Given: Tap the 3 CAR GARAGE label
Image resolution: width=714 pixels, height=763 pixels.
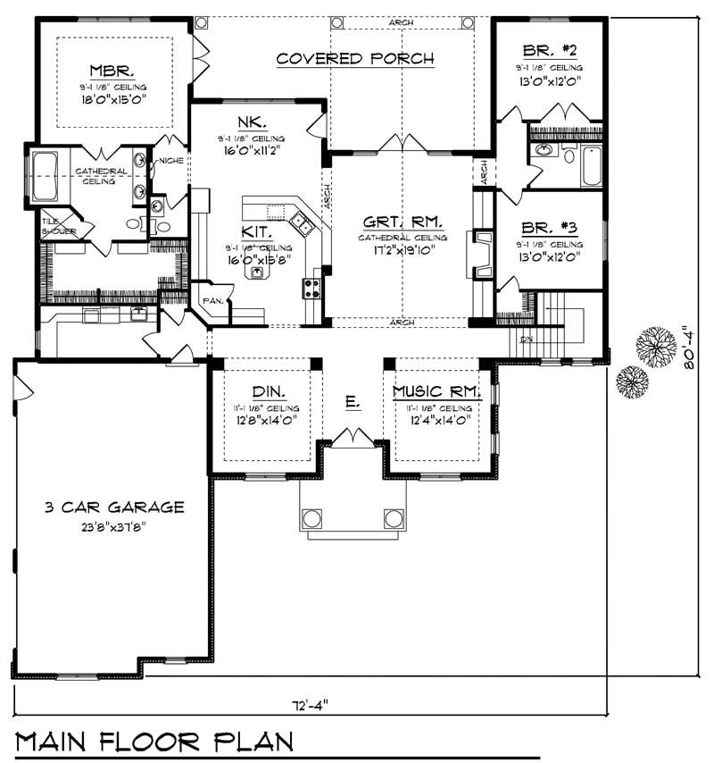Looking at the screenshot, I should [114, 507].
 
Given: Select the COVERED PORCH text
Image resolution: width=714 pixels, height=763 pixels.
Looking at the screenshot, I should [354, 59].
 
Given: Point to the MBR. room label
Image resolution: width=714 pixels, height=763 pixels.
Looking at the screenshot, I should [112, 70].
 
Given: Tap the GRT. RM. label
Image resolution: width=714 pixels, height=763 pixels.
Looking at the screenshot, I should [400, 222].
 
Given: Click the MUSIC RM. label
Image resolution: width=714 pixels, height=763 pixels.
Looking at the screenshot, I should [437, 391].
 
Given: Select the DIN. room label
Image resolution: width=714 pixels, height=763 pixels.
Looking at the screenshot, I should [268, 391].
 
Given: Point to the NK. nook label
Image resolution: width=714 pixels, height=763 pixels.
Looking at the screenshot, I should [249, 123].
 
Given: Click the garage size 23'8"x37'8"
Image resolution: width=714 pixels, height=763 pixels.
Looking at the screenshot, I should [114, 525].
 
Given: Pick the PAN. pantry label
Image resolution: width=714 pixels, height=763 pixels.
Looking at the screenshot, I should [212, 301].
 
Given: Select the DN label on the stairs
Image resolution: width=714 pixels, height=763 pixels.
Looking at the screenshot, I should [525, 340].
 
